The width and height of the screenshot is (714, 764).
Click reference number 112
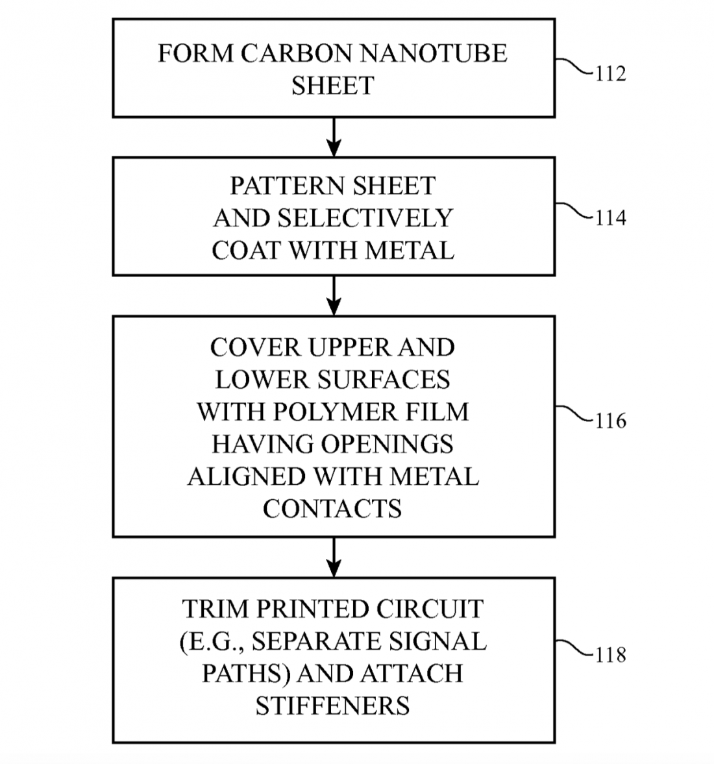point(610,73)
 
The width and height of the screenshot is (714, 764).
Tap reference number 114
point(610,218)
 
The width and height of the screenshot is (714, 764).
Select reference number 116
point(610,421)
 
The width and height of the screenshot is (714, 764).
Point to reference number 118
point(610,655)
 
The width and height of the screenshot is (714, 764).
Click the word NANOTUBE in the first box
point(434,53)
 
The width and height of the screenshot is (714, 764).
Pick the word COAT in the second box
point(246,251)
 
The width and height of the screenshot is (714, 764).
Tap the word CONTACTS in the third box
point(332,509)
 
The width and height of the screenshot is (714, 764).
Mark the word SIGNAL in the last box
point(445,642)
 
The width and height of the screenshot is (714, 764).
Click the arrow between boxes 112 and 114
point(333,137)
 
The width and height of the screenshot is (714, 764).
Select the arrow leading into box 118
point(333,557)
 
